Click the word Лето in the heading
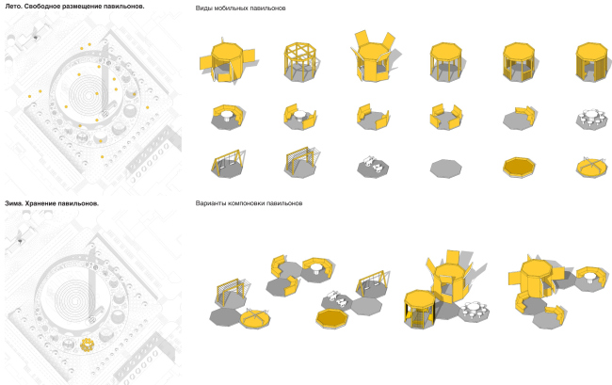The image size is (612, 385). tap(11, 7)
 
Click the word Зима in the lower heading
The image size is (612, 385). tap(12, 203)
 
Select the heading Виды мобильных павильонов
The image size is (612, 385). tap(240, 8)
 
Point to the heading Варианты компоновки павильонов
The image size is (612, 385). tap(249, 203)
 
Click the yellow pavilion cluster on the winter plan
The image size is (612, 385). tap(87, 345)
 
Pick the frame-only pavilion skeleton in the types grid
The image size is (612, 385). tap(299, 61)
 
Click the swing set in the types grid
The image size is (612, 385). tap(229, 164)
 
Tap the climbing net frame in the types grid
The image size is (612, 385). tap(301, 162)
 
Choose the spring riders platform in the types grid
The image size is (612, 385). tap(373, 167)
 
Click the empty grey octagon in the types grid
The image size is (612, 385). tap(445, 168)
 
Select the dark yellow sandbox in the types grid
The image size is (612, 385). tap(519, 168)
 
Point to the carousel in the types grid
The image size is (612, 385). tap(591, 167)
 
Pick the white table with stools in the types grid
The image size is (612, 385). tap(591, 119)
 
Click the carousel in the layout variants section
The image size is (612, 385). tap(255, 318)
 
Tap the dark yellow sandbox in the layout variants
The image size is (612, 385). tap(331, 318)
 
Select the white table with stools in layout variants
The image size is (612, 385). tap(474, 311)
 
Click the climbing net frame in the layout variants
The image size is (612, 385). tap(232, 293)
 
